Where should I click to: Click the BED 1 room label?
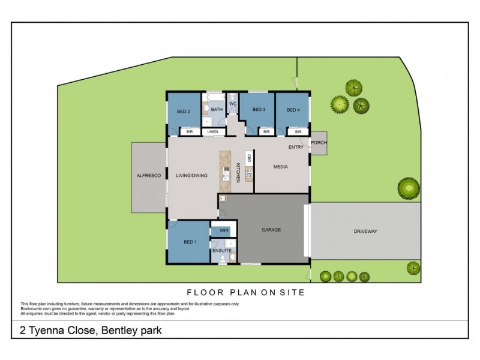190,242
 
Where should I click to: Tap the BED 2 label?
184,111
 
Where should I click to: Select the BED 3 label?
259,110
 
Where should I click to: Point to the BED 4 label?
292,110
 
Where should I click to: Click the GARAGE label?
271,230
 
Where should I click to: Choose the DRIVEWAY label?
365,231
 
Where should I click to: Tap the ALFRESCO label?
148,176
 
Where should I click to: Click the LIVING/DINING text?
191,176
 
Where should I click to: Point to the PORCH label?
318,142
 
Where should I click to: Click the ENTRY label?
296,147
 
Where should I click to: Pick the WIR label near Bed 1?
224,230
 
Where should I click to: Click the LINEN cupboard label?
212,132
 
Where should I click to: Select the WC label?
233,103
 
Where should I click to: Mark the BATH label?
217,110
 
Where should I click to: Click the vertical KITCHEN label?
238,173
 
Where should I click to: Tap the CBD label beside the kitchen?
248,158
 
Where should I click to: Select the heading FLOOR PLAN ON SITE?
247,292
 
